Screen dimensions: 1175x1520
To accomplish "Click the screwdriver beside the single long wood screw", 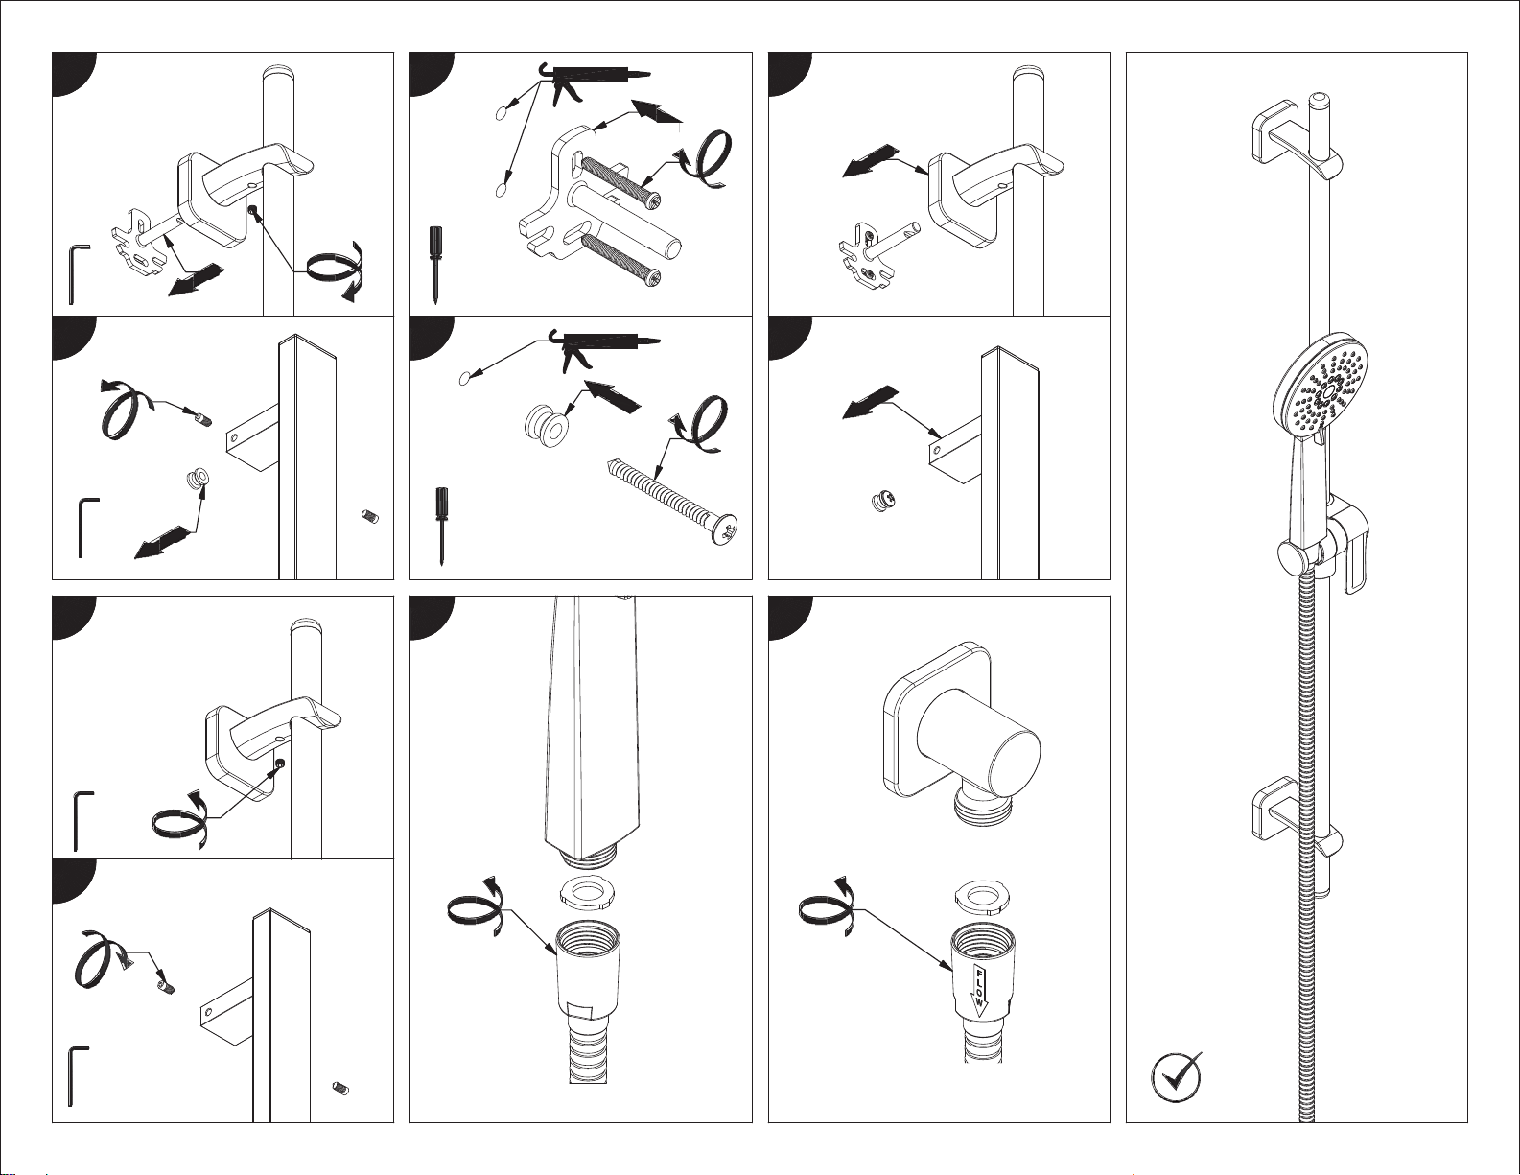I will [x=440, y=524].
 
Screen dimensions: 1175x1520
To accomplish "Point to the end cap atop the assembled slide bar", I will [x=1320, y=99].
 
